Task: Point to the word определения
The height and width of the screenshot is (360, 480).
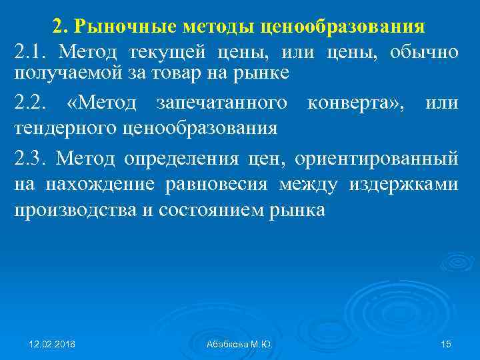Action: coord(173,158)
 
